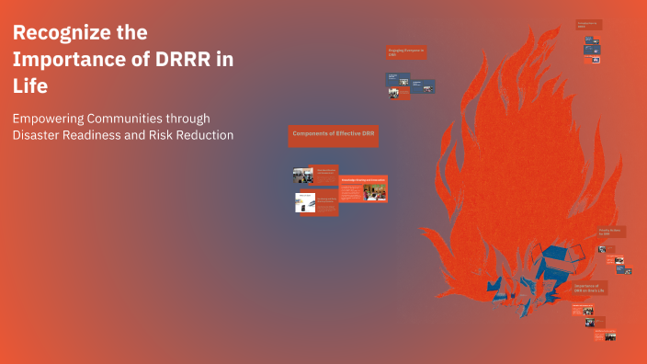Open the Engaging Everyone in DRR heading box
405,53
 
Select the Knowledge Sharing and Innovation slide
363,189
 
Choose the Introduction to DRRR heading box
589,25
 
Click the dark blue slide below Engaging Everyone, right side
420,85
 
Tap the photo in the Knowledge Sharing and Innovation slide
375,192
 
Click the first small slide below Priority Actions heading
604,248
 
